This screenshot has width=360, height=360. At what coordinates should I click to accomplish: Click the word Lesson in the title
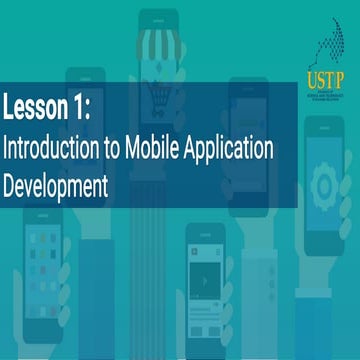pos(36,105)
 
